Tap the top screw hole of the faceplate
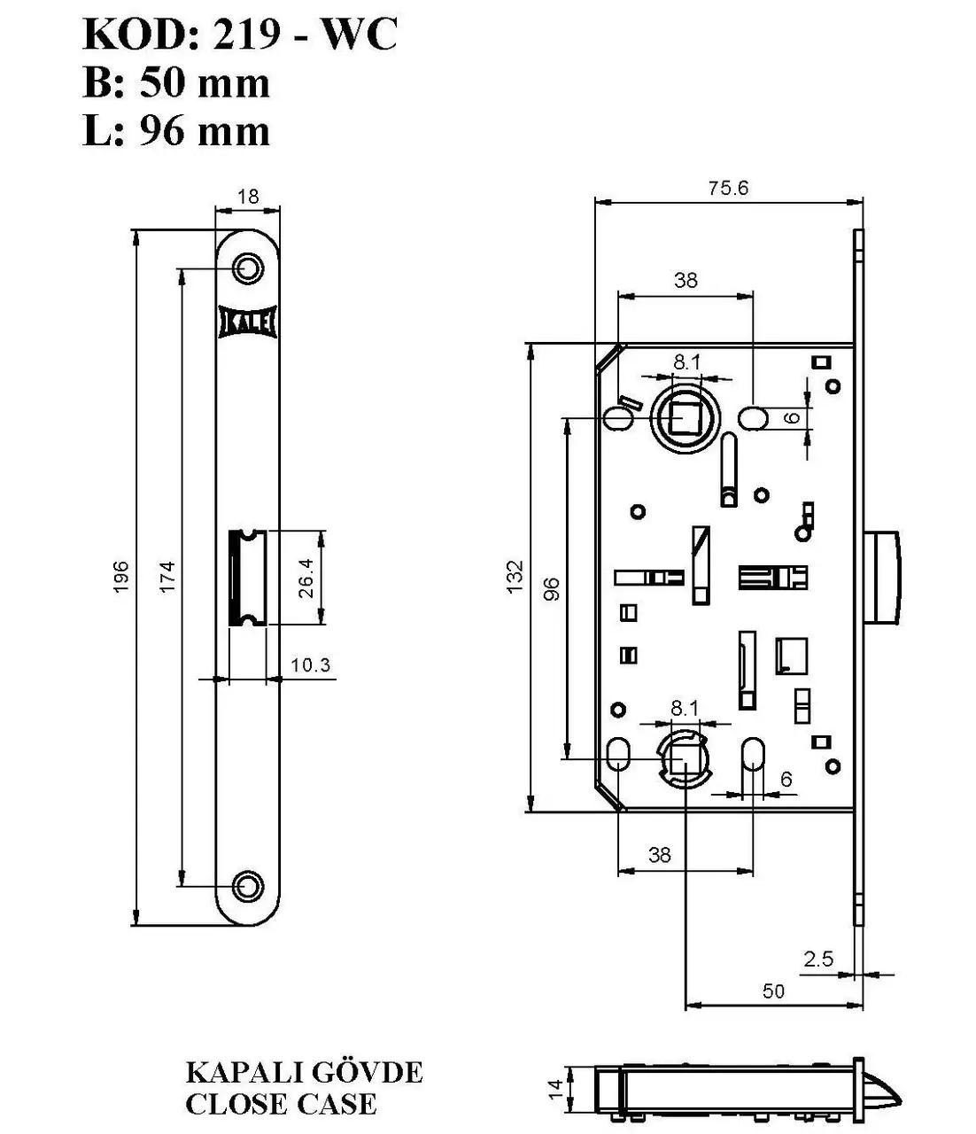pos(248,268)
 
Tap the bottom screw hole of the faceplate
pos(248,885)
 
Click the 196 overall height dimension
pos(120,576)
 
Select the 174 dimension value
pos(167,576)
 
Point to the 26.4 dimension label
pos(306,578)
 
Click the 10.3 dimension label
pos(310,665)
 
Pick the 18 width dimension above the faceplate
pos(248,196)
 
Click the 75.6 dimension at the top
pos(728,188)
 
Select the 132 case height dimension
pos(515,576)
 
